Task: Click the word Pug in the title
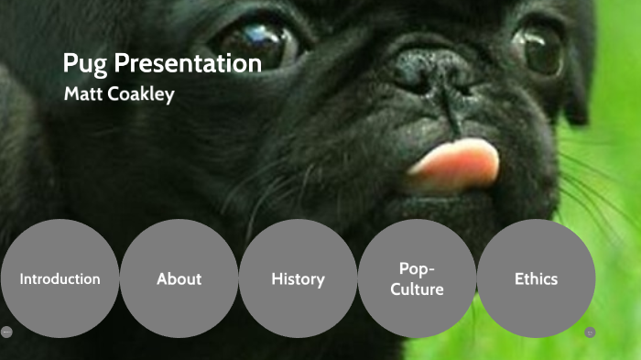pos(84,64)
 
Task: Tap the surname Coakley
pos(142,94)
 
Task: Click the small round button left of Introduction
pos(6,332)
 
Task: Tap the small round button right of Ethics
pos(590,332)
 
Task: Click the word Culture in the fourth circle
pos(417,289)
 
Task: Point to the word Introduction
pos(60,279)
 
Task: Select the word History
pos(298,279)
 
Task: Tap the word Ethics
pos(536,279)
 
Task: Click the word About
pos(179,279)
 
